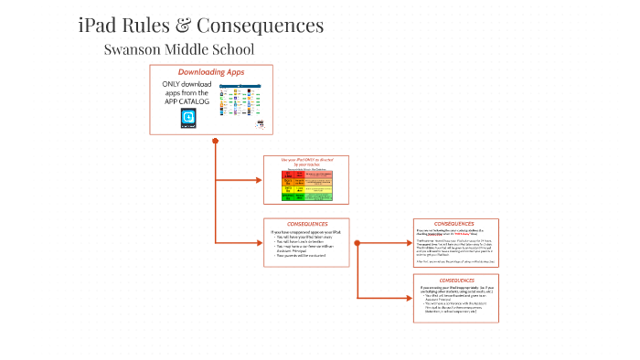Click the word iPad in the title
tap(99, 26)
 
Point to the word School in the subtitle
tap(230, 49)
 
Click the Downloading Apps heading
tap(210, 72)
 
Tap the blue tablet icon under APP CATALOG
tap(188, 118)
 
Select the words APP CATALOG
tap(187, 101)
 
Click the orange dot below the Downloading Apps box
tap(215, 141)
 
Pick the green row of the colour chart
tap(306, 196)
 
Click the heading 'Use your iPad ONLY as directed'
tap(306, 161)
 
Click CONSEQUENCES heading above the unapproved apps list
tap(306, 224)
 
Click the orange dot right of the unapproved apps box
tap(357, 242)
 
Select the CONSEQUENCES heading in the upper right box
tap(454, 224)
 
